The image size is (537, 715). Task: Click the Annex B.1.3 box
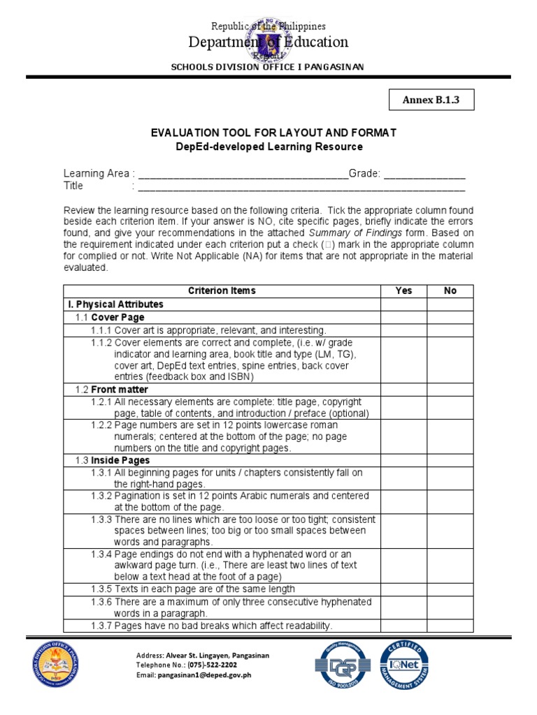point(431,100)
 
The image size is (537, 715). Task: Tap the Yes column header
point(403,290)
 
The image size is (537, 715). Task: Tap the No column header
point(450,290)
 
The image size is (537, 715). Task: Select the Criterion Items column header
point(222,290)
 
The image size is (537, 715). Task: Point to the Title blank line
point(301,187)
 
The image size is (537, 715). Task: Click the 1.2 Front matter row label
point(112,390)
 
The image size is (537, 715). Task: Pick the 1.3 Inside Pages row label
point(112,461)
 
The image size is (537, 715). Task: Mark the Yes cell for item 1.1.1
point(403,330)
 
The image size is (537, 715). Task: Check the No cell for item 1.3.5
point(450,589)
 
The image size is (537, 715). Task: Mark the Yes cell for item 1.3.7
point(403,626)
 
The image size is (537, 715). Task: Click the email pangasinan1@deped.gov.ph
point(215,676)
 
